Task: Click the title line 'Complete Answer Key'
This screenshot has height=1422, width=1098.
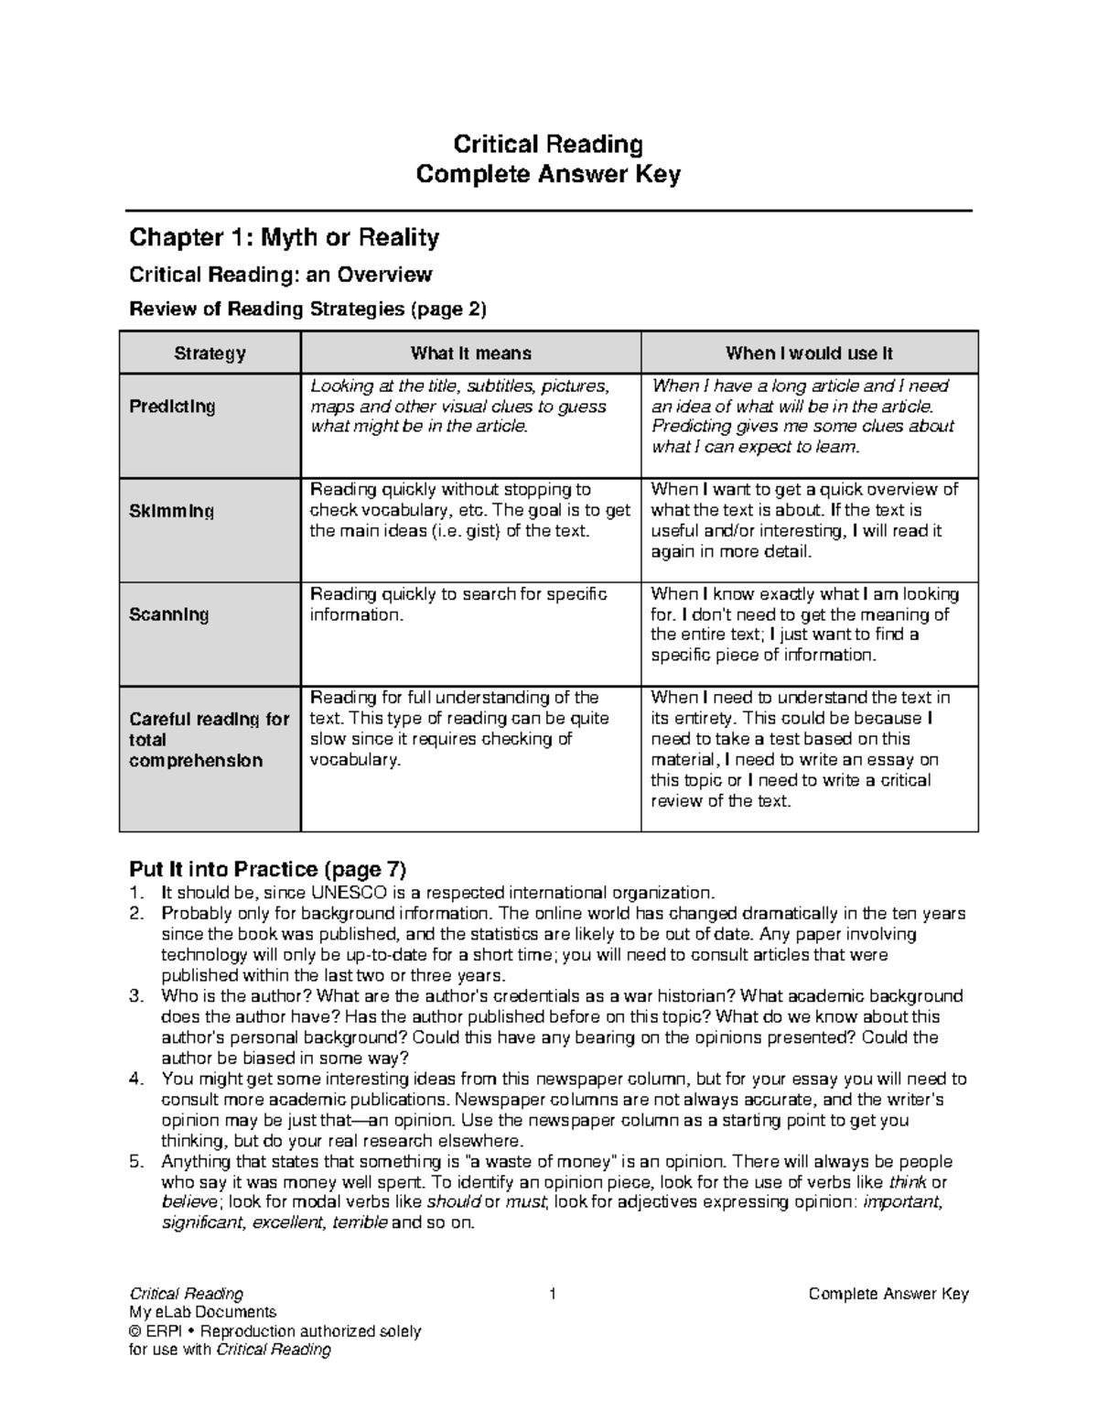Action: (x=548, y=174)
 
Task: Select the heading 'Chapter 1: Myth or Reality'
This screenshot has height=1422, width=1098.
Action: (x=284, y=238)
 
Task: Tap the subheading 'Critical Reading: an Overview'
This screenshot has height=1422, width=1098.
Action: (x=280, y=275)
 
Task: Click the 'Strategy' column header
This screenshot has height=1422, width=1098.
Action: (x=210, y=353)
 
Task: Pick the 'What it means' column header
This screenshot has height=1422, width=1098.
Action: (x=470, y=353)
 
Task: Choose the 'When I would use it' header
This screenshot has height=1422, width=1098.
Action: (x=809, y=353)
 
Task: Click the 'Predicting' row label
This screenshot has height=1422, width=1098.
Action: (x=172, y=407)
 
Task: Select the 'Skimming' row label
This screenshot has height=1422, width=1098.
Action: (x=171, y=511)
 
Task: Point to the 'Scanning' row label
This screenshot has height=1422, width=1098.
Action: (x=168, y=614)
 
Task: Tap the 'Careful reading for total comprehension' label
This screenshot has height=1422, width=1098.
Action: (x=209, y=740)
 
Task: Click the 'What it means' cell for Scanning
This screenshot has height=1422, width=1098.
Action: (x=457, y=604)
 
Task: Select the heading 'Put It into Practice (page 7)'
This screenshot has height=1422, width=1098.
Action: (x=267, y=868)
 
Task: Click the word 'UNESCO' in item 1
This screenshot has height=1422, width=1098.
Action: (x=350, y=893)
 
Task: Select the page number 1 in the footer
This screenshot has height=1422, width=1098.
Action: (x=552, y=1294)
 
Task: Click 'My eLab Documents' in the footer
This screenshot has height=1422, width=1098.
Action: (x=202, y=1312)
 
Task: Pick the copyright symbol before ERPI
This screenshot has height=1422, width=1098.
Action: (x=135, y=1331)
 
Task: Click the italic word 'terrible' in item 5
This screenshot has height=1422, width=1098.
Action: (x=360, y=1223)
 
